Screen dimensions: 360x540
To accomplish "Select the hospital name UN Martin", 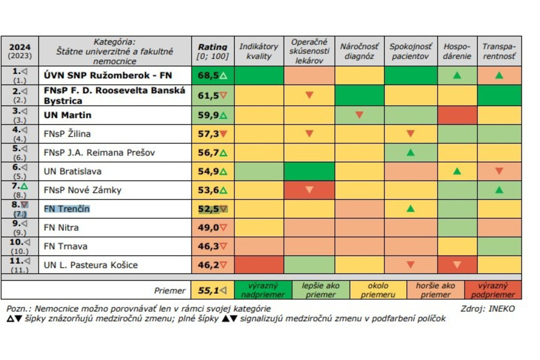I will pos(67,115).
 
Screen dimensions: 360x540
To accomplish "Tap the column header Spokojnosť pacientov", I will pos(410,51).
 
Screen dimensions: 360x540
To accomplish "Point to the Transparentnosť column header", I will pos(499,51).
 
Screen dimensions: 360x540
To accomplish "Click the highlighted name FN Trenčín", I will pos(67,209).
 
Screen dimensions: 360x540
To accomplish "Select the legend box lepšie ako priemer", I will pos(321,290).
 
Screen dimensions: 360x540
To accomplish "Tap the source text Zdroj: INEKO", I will pos(487,309).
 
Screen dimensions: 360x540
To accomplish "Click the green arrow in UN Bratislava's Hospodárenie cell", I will pos(457,171).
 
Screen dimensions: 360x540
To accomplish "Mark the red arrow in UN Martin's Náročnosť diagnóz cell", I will pos(359,115).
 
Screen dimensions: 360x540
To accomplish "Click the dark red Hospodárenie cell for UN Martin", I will pos(457,115).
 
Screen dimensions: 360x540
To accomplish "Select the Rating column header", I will pos(212,51).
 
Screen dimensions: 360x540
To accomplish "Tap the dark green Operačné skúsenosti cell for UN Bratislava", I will pos(309,171).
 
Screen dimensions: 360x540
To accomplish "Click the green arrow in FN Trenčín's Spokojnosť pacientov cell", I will pos(410,209).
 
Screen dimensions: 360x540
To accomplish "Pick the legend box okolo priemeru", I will pos(378,290).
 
